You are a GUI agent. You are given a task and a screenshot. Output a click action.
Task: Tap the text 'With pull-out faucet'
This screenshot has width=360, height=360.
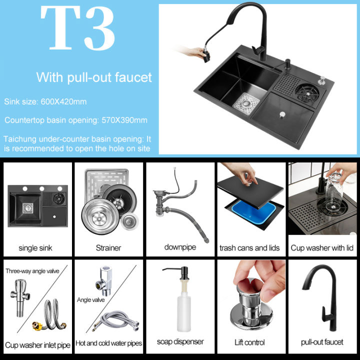[93, 77]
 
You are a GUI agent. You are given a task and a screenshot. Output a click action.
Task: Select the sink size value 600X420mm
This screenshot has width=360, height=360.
[64, 102]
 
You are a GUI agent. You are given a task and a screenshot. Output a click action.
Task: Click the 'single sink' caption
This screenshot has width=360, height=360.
[35, 247]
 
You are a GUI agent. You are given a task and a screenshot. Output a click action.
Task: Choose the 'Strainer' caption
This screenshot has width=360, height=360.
[108, 247]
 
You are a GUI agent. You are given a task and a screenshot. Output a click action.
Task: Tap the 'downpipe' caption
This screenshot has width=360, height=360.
[179, 247]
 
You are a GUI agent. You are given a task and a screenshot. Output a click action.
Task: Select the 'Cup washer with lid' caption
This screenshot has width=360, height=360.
[322, 247]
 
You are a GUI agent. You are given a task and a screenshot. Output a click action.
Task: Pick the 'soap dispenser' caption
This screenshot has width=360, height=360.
[180, 342]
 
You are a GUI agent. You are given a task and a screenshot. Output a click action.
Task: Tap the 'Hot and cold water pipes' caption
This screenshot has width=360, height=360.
[108, 343]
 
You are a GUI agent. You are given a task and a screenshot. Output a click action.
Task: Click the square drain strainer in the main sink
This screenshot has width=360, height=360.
[244, 101]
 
